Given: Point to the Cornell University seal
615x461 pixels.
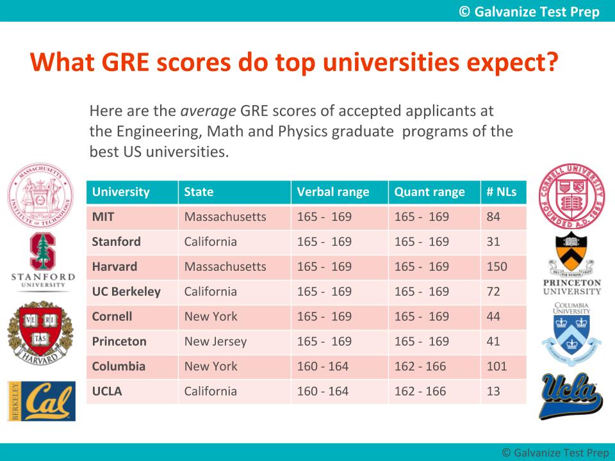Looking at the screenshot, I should (571, 197).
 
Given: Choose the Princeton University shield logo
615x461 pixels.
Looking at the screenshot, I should (571, 264).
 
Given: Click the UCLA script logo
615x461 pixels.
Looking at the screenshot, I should (571, 396).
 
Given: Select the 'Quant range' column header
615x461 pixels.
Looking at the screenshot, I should (429, 192).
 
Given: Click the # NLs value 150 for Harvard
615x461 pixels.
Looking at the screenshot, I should (496, 267).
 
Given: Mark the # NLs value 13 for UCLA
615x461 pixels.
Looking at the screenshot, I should (493, 391).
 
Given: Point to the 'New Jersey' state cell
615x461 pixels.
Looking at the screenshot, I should (215, 341).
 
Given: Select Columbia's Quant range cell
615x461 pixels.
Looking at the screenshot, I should (420, 366).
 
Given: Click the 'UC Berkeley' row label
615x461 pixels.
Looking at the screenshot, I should (126, 291).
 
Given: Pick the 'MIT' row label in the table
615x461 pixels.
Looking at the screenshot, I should (103, 217).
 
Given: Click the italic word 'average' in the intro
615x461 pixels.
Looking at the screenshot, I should (208, 111).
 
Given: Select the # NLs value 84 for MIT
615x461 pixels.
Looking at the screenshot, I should (493, 217).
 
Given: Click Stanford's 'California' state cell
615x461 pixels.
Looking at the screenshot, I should (210, 242).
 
